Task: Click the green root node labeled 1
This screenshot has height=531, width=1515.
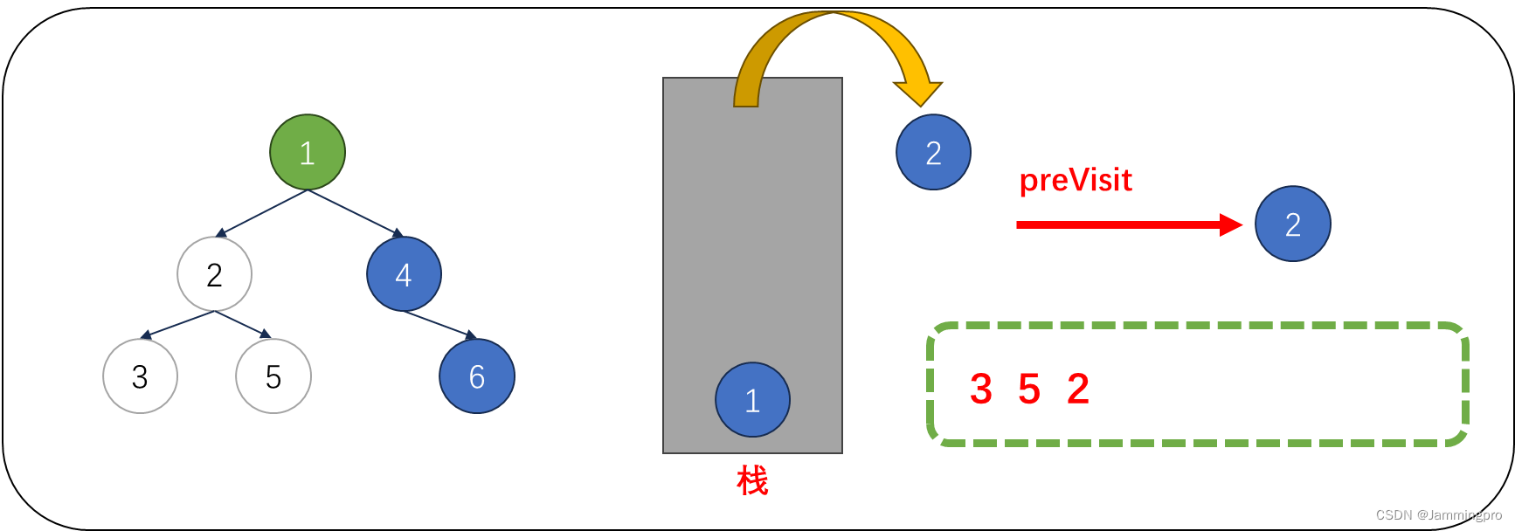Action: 308,152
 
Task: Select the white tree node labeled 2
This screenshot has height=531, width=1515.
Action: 214,274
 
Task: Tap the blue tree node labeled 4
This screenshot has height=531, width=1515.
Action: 404,274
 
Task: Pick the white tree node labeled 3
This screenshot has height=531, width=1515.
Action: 140,376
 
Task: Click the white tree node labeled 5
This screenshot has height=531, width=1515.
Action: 273,376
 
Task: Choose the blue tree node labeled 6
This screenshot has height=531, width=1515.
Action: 477,376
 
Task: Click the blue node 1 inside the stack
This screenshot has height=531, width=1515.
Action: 752,400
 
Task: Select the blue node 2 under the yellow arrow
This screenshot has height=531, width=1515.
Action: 933,152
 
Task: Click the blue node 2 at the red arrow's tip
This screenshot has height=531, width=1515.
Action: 1292,224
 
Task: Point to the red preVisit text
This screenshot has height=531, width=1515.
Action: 1076,180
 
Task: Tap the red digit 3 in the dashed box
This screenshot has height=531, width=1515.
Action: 981,389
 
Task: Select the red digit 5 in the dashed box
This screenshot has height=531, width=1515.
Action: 1029,389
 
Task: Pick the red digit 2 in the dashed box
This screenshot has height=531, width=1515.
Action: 1078,389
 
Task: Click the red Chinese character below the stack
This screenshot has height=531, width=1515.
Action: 752,480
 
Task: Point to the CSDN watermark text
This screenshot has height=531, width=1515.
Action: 1438,514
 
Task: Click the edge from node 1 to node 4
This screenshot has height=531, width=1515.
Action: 354,212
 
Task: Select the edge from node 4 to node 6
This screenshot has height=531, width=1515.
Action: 439,324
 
